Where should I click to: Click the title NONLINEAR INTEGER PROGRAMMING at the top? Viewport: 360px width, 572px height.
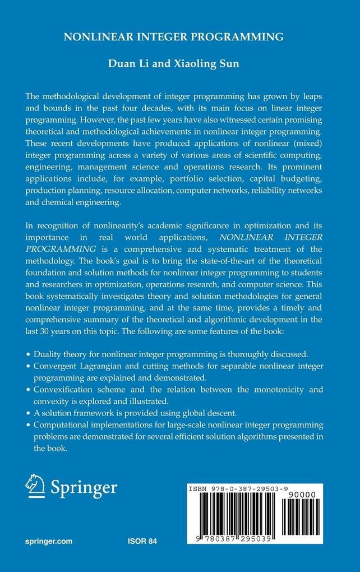(181, 38)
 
